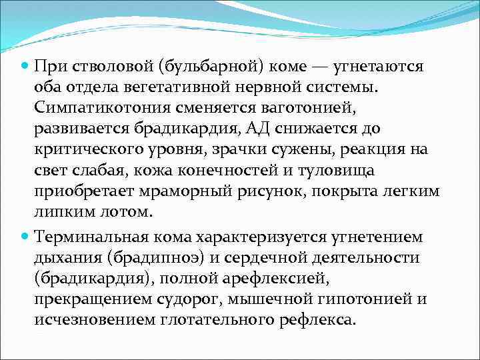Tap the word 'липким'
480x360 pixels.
61,212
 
